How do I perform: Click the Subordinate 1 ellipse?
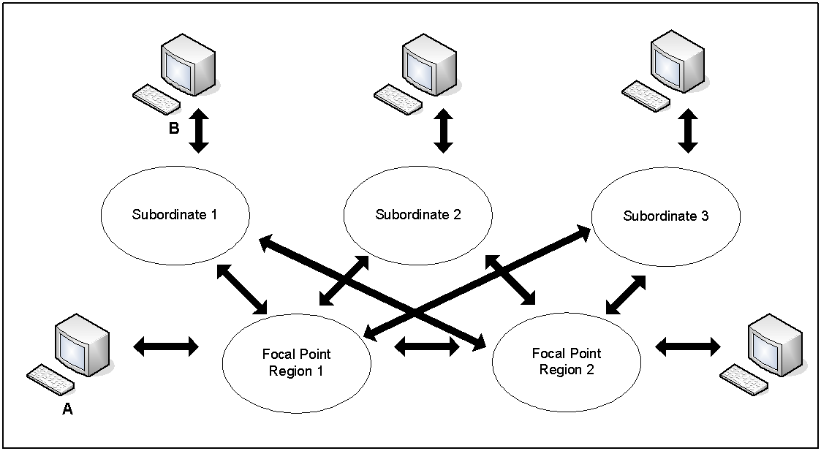174,215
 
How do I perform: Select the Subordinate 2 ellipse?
418,215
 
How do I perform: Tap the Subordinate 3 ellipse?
665,216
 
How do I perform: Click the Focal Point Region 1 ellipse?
296,362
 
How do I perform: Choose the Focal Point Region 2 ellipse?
567,361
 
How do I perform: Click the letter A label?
67,410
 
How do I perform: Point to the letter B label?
174,130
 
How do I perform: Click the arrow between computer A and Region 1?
166,346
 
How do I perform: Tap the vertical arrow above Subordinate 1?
198,132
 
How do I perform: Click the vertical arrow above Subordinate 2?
442,132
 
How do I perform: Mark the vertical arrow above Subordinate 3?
687,132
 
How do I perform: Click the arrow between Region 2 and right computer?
687,346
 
